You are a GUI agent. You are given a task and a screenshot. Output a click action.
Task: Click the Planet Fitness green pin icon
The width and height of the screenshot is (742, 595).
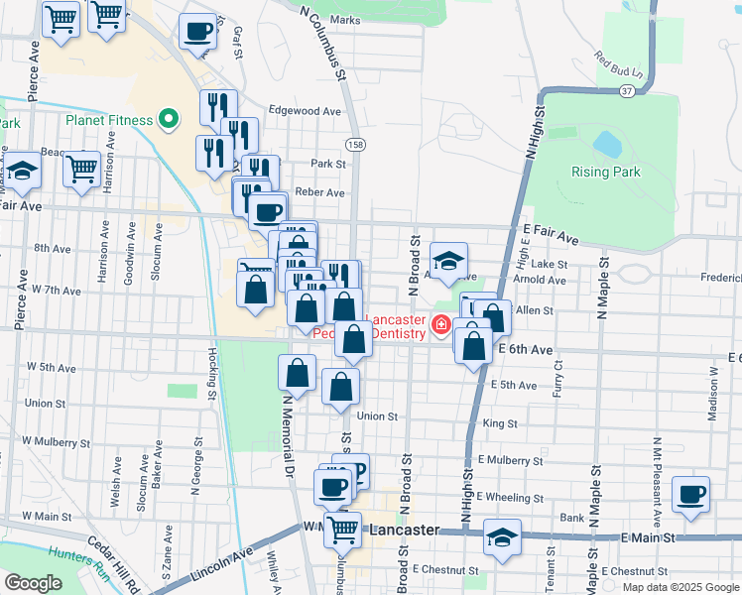[169, 120]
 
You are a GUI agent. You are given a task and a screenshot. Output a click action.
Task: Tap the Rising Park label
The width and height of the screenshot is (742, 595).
[605, 172]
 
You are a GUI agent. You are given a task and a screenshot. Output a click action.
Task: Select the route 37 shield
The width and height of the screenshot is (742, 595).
[627, 91]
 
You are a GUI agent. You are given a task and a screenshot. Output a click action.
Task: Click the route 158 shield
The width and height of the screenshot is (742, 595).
[355, 145]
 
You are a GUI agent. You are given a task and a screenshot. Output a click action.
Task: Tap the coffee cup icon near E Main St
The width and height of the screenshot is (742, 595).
[690, 493]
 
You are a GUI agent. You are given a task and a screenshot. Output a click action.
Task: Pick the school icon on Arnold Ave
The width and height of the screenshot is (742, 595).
[449, 261]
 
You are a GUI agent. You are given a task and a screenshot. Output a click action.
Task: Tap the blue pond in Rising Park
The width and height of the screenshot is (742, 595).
[607, 145]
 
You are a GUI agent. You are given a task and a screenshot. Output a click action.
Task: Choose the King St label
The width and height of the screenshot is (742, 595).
[500, 423]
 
